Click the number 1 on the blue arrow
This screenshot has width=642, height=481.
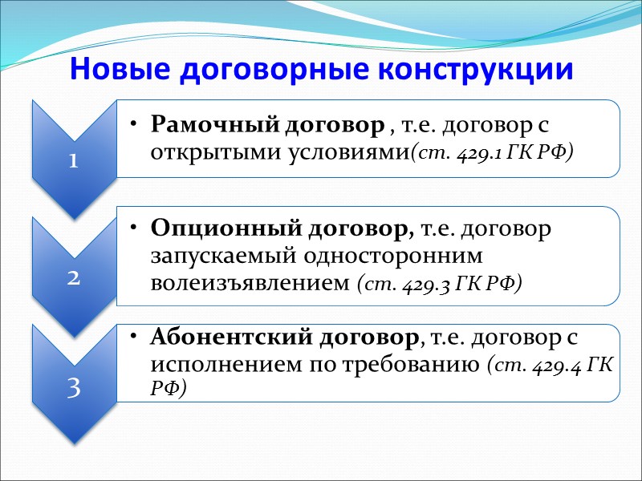pyautogui.click(x=73, y=160)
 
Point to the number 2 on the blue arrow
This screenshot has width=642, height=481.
pyautogui.click(x=73, y=277)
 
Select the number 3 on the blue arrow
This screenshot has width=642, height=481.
pyautogui.click(x=73, y=388)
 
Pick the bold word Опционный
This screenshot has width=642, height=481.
pyautogui.click(x=201, y=229)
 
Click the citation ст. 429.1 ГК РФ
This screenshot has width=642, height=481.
pyautogui.click(x=491, y=152)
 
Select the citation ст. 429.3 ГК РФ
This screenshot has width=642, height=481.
pyautogui.click(x=439, y=283)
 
